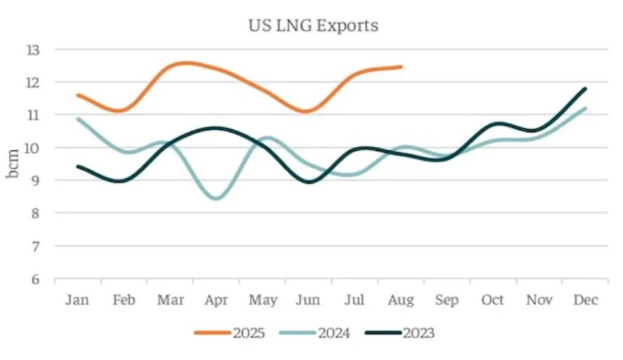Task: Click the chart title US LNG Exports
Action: click(312, 26)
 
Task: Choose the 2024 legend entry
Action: click(323, 333)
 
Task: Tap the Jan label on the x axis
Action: click(78, 300)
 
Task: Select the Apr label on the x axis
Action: click(216, 300)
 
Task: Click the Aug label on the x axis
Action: click(401, 300)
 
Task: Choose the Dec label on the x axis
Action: click(585, 300)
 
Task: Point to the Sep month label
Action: click(446, 300)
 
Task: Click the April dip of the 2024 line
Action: click(216, 199)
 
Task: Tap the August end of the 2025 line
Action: click(401, 67)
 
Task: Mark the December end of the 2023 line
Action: click(585, 88)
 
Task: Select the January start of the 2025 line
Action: click(78, 95)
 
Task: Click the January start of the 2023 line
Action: click(78, 166)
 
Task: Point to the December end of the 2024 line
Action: click(585, 108)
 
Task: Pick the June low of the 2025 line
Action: click(308, 112)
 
